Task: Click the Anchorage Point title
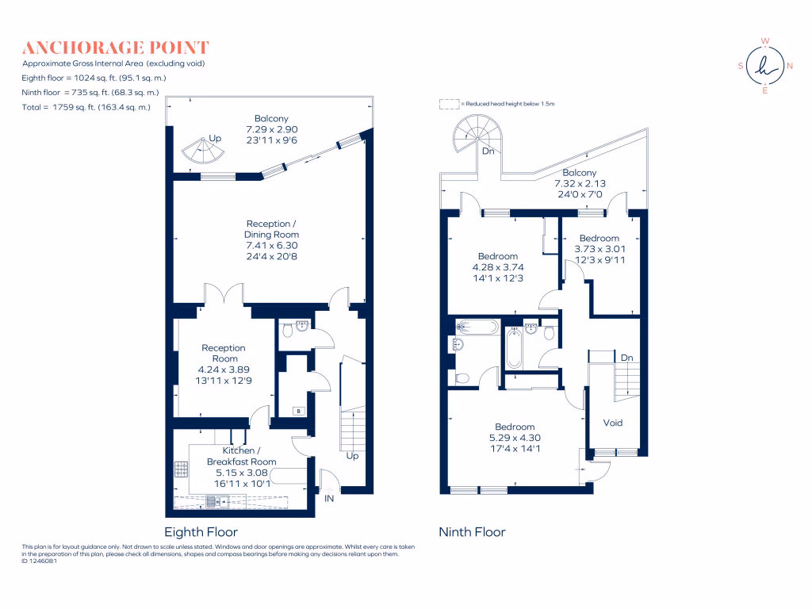tap(116, 48)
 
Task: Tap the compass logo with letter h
tap(764, 67)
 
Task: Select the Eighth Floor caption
tap(201, 532)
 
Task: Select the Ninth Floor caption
tap(472, 532)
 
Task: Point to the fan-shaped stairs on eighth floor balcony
tap(203, 149)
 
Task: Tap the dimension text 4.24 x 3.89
tap(224, 370)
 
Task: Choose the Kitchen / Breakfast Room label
tap(241, 456)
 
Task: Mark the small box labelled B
tap(298, 411)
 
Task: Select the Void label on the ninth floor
tap(613, 423)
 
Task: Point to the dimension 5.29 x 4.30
tap(515, 438)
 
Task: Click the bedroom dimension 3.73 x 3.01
tap(599, 249)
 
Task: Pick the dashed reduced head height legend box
tap(450, 103)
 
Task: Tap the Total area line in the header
tap(86, 106)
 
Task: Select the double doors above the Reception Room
tap(224, 294)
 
